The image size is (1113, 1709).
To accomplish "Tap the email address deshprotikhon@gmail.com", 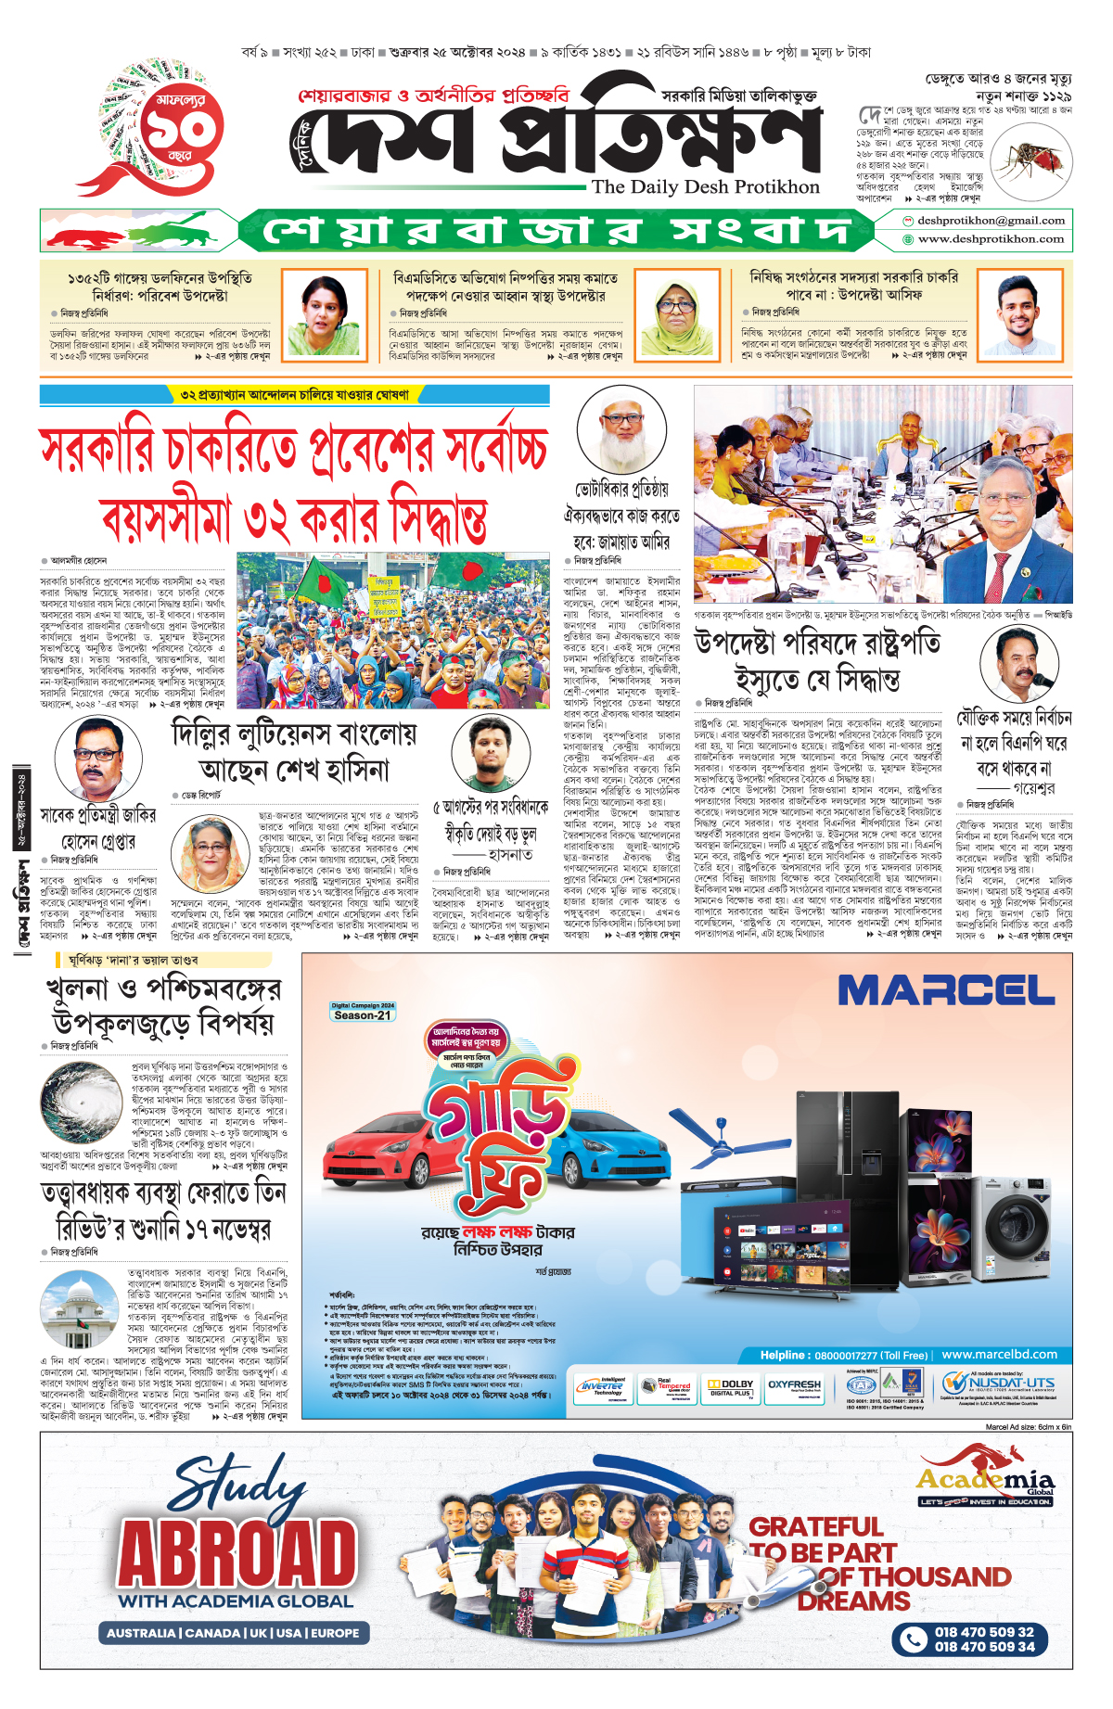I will tap(991, 221).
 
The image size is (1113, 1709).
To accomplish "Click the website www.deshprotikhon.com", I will tap(991, 239).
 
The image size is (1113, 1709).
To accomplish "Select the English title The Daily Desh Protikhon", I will tap(705, 187).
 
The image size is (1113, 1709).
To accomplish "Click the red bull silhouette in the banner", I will tap(89, 236).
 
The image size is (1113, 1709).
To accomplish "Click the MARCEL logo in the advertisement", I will tap(945, 990).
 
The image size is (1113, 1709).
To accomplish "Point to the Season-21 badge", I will tap(363, 1014).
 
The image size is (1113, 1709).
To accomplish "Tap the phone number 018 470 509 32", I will tap(983, 1632).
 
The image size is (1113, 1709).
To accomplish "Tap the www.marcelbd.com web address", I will tap(999, 1355).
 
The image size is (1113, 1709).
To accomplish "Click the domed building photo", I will tap(80, 1309).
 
